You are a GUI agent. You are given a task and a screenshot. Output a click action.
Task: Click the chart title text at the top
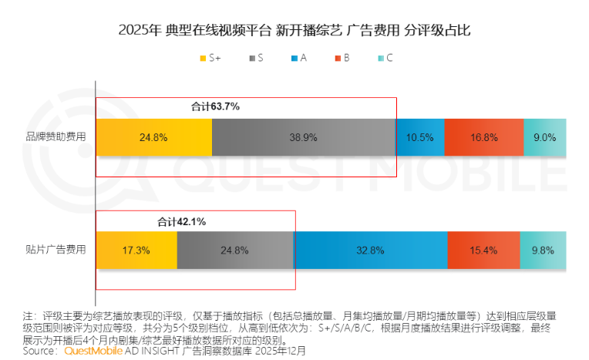click(x=294, y=31)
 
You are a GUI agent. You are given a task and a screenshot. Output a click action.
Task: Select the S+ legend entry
click(x=213, y=58)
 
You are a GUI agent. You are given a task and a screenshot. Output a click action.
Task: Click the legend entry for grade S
click(x=257, y=58)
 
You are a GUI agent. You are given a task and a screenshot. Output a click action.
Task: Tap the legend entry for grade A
click(x=298, y=58)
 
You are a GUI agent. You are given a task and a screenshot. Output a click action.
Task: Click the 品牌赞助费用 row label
click(x=61, y=137)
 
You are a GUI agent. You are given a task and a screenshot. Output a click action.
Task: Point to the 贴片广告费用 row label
click(x=61, y=250)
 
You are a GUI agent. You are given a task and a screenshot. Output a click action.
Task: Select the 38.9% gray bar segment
click(x=304, y=137)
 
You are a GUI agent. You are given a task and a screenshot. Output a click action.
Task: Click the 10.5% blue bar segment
click(x=420, y=137)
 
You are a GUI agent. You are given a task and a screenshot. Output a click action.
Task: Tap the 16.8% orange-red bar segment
click(x=484, y=137)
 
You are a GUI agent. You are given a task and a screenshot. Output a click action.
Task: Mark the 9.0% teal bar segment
click(x=545, y=137)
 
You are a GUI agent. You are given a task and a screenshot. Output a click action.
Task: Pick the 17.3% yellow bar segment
click(x=136, y=250)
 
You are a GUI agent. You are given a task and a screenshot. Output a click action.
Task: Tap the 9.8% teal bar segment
click(x=543, y=250)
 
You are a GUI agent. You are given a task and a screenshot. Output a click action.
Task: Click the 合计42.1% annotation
click(x=181, y=221)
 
